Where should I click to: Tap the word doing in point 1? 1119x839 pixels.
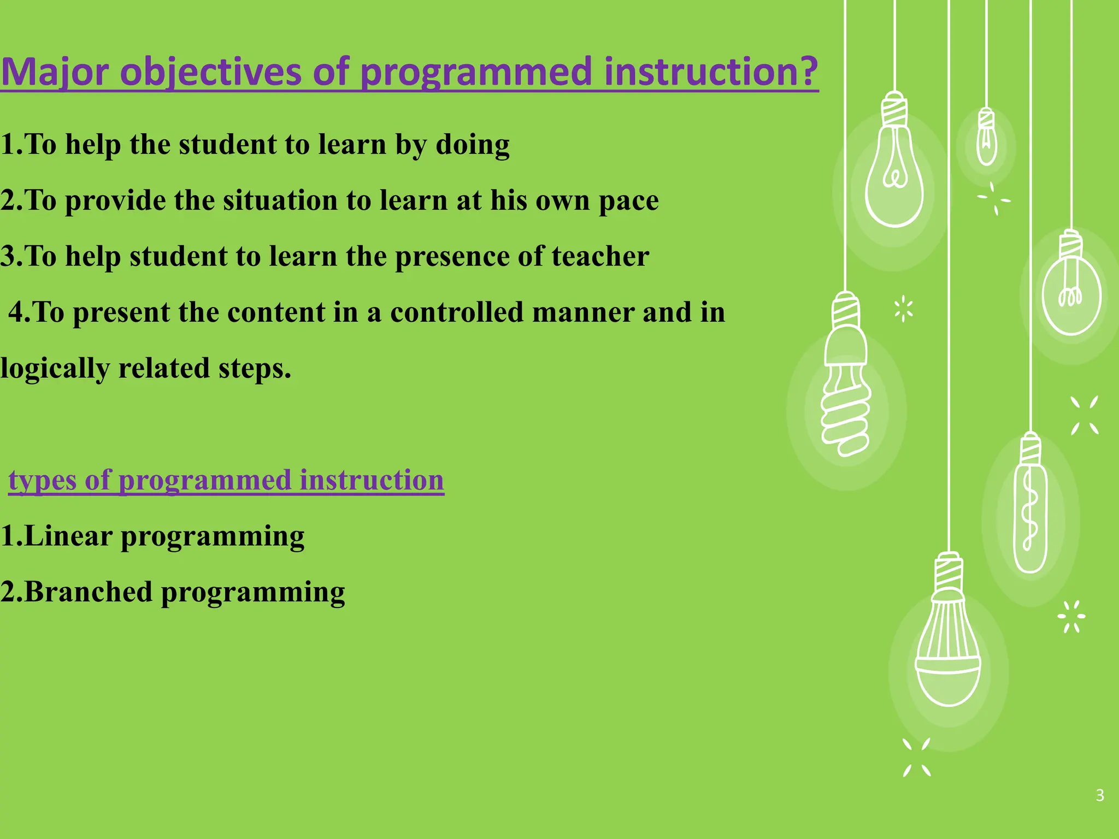pos(473,145)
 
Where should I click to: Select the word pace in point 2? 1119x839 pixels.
pos(628,201)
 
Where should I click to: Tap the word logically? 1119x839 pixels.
pos(55,369)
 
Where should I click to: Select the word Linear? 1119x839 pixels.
pos(68,536)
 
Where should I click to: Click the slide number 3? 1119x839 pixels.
pos(1100,795)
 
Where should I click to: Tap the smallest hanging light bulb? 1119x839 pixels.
pos(986,139)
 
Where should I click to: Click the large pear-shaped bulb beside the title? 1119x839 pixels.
pos(894,175)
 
